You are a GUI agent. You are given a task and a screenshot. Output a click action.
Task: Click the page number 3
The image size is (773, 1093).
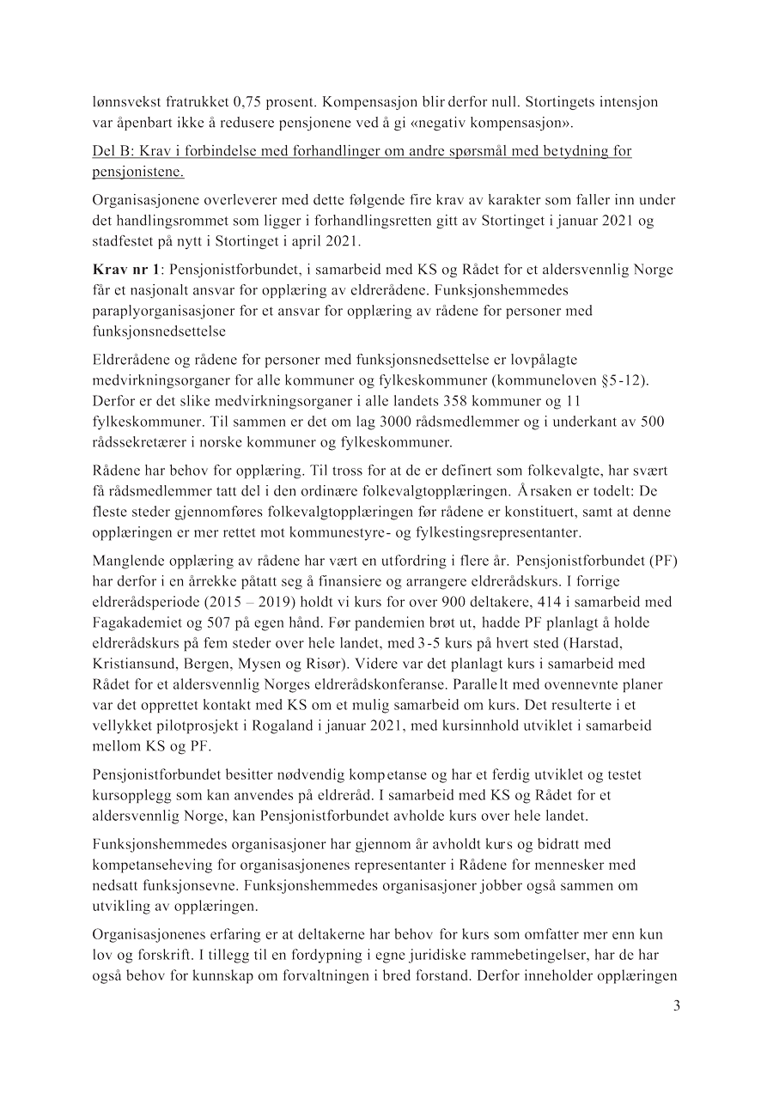pos(677,1006)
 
